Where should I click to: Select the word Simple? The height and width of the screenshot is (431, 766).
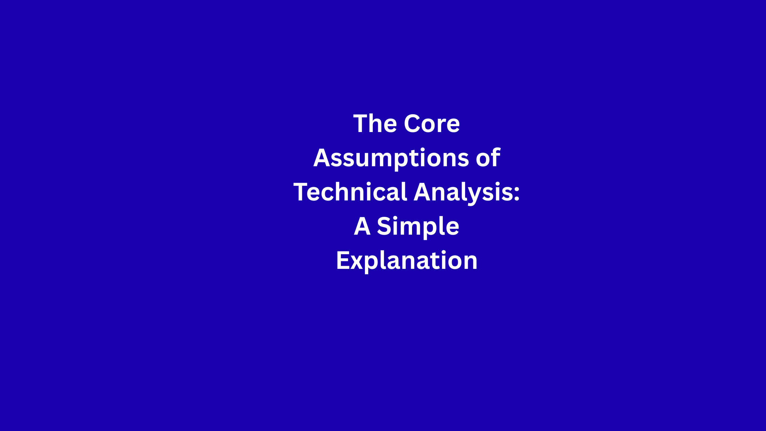pyautogui.click(x=418, y=227)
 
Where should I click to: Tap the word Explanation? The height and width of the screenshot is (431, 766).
pyautogui.click(x=407, y=261)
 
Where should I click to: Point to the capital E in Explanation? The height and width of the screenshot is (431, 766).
pyautogui.click(x=342, y=260)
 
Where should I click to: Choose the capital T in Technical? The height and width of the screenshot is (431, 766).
pyautogui.click(x=301, y=192)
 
